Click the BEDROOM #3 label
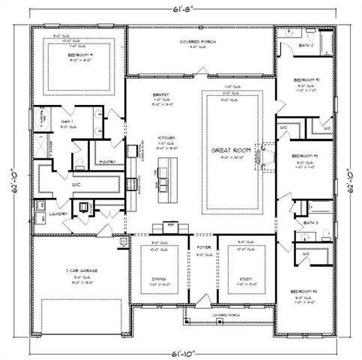305,155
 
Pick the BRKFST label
159,95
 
